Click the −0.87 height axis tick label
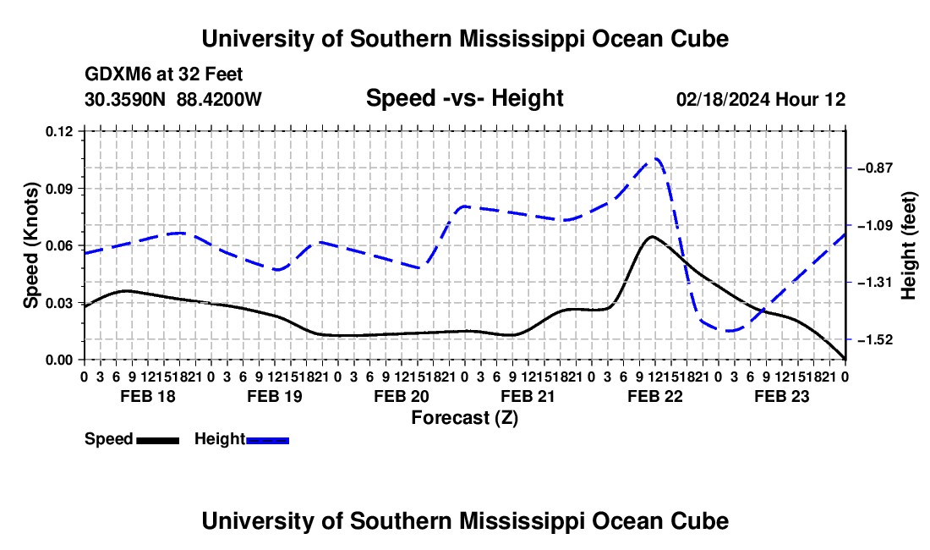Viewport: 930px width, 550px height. pos(875,168)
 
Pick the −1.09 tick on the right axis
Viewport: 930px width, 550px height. pos(875,225)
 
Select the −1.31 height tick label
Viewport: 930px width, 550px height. pos(875,283)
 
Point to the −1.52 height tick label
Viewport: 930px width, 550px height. pos(875,339)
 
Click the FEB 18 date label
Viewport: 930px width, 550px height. pos(148,396)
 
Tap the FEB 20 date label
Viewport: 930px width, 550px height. pos(402,396)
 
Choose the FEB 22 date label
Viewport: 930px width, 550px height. pos(655,396)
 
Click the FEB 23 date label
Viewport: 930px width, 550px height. pos(782,396)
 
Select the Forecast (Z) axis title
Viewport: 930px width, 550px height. pos(465,418)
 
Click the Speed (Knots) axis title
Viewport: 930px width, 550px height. pos(30,245)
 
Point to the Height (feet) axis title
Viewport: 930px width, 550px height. pos(909,245)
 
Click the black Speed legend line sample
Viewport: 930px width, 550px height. pos(158,441)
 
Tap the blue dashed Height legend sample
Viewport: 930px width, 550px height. pos(267,441)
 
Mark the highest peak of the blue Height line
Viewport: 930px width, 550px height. pos(655,158)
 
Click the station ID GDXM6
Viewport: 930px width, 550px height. pos(115,74)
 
